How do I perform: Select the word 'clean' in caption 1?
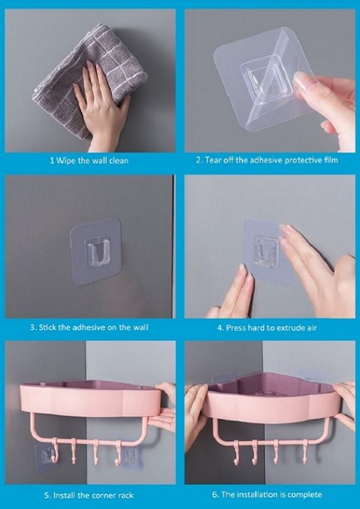click(119, 161)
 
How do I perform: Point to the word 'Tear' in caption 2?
click(213, 160)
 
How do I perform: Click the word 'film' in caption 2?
click(331, 160)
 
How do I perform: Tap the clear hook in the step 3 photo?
click(97, 252)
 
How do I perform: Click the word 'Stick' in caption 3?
click(46, 327)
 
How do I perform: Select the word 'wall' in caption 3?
click(141, 327)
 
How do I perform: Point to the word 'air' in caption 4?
click(311, 328)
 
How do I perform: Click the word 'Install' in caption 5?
click(64, 495)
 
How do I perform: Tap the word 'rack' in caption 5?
click(126, 495)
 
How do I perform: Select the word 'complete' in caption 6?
click(305, 495)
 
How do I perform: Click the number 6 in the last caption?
click(215, 495)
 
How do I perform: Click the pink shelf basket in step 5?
click(91, 400)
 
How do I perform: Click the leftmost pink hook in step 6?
click(236, 453)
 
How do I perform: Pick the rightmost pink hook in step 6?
click(305, 453)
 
